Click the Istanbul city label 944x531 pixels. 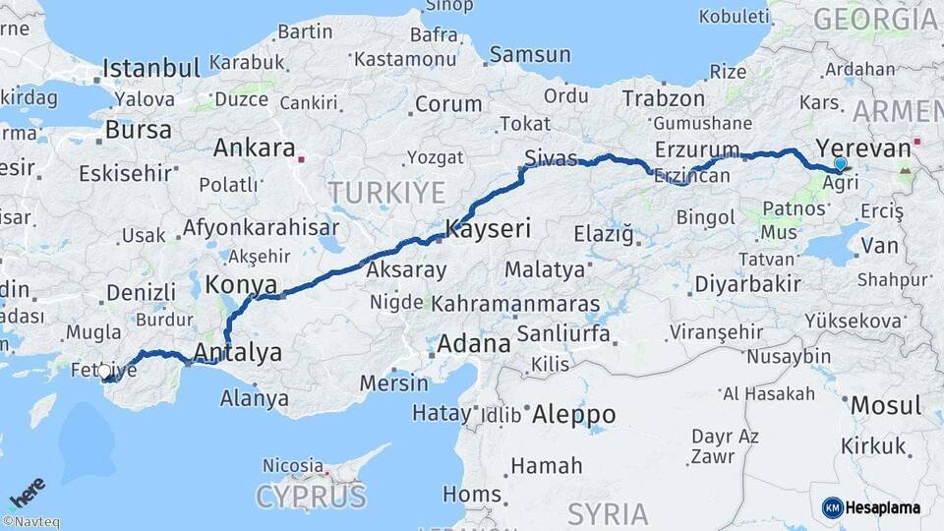(151, 68)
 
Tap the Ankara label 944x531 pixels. (254, 148)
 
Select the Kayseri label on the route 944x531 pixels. (488, 229)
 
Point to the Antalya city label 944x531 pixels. (238, 352)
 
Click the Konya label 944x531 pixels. (241, 285)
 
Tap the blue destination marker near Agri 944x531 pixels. (840, 164)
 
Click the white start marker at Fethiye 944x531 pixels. (105, 371)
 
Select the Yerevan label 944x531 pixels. (863, 148)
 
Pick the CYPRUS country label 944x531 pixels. (311, 496)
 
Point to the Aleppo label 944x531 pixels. (573, 415)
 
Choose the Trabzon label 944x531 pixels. (664, 98)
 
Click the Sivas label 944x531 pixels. (551, 157)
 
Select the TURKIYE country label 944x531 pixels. (386, 192)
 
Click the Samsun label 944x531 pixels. (529, 54)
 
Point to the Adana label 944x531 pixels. (473, 344)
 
